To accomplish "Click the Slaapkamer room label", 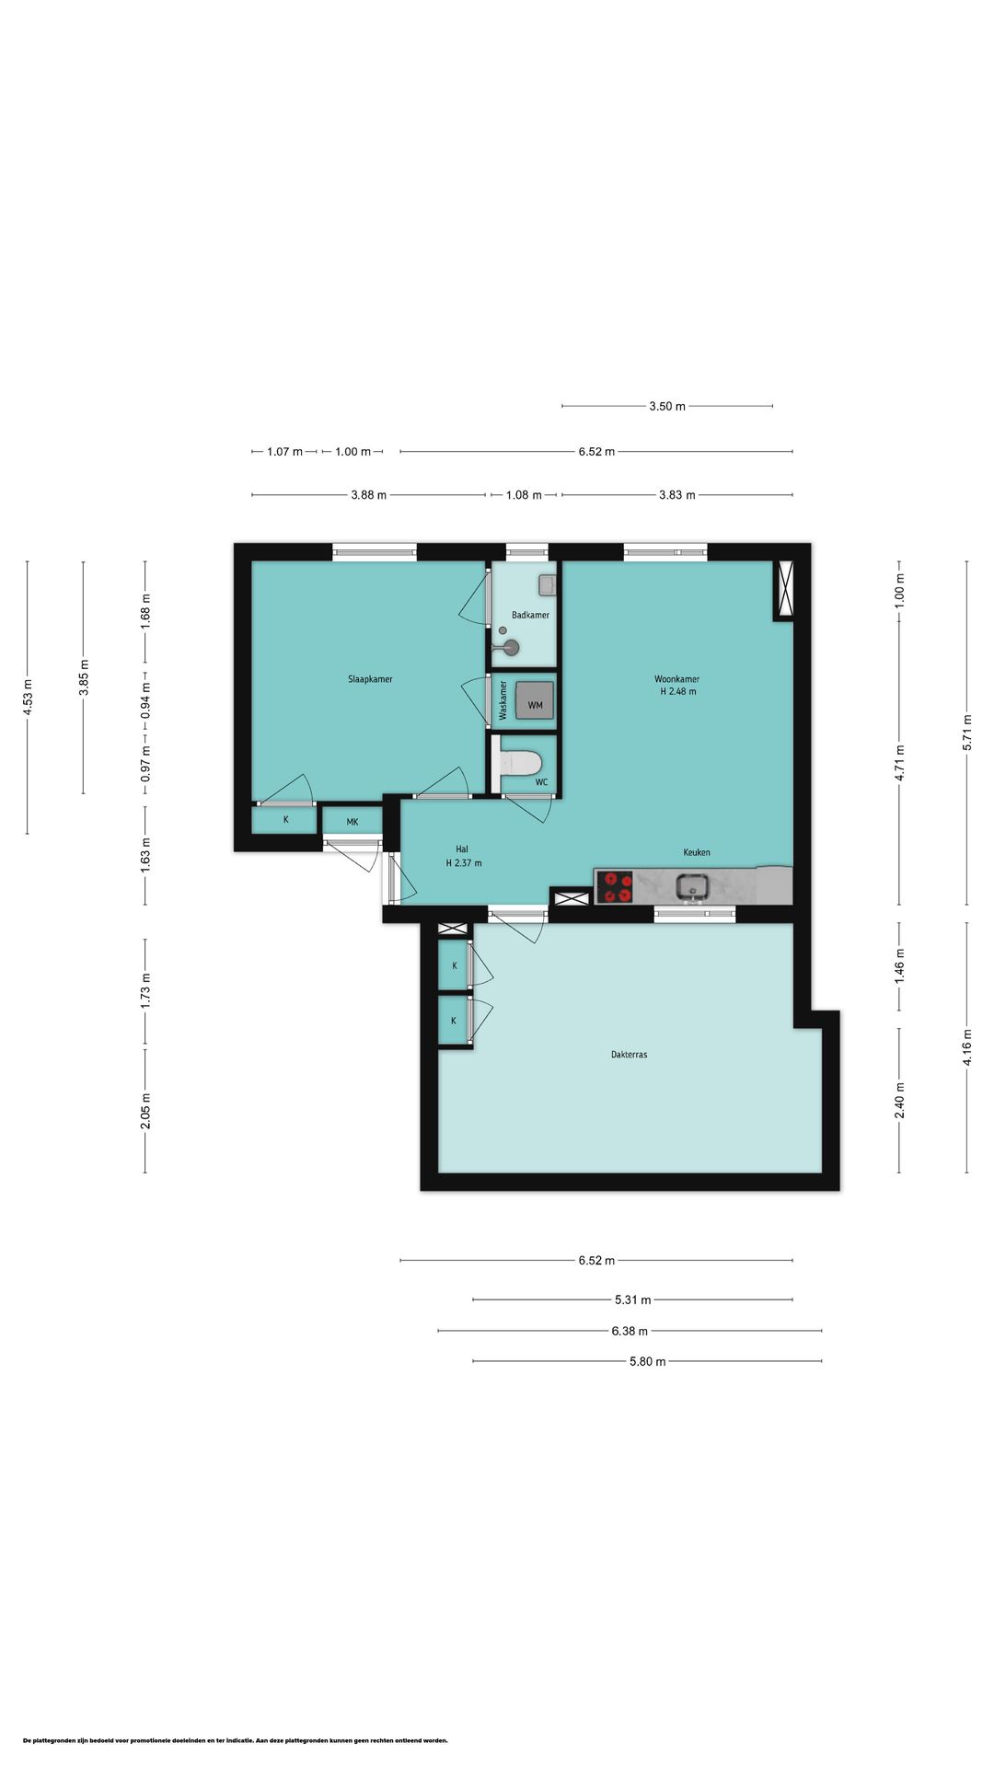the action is (370, 679).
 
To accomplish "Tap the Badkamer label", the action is (530, 615).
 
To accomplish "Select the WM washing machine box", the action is (535, 700).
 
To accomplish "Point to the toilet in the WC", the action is (522, 764).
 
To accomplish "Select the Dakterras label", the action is (629, 1055).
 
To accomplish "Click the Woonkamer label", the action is (677, 679).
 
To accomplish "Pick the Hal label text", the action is (462, 849).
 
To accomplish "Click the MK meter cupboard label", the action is (353, 822).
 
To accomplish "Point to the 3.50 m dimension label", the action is (667, 406).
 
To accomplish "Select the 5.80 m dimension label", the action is (648, 1361).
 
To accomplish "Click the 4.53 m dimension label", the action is (28, 697).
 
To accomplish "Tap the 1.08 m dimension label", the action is (524, 495).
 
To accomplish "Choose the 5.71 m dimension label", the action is (967, 733).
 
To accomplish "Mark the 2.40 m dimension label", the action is (900, 1100).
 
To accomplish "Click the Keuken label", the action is (697, 852).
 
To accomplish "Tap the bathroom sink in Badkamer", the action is (544, 584).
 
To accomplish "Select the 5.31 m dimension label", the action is (633, 1299).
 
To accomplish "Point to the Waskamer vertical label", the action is (503, 700).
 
